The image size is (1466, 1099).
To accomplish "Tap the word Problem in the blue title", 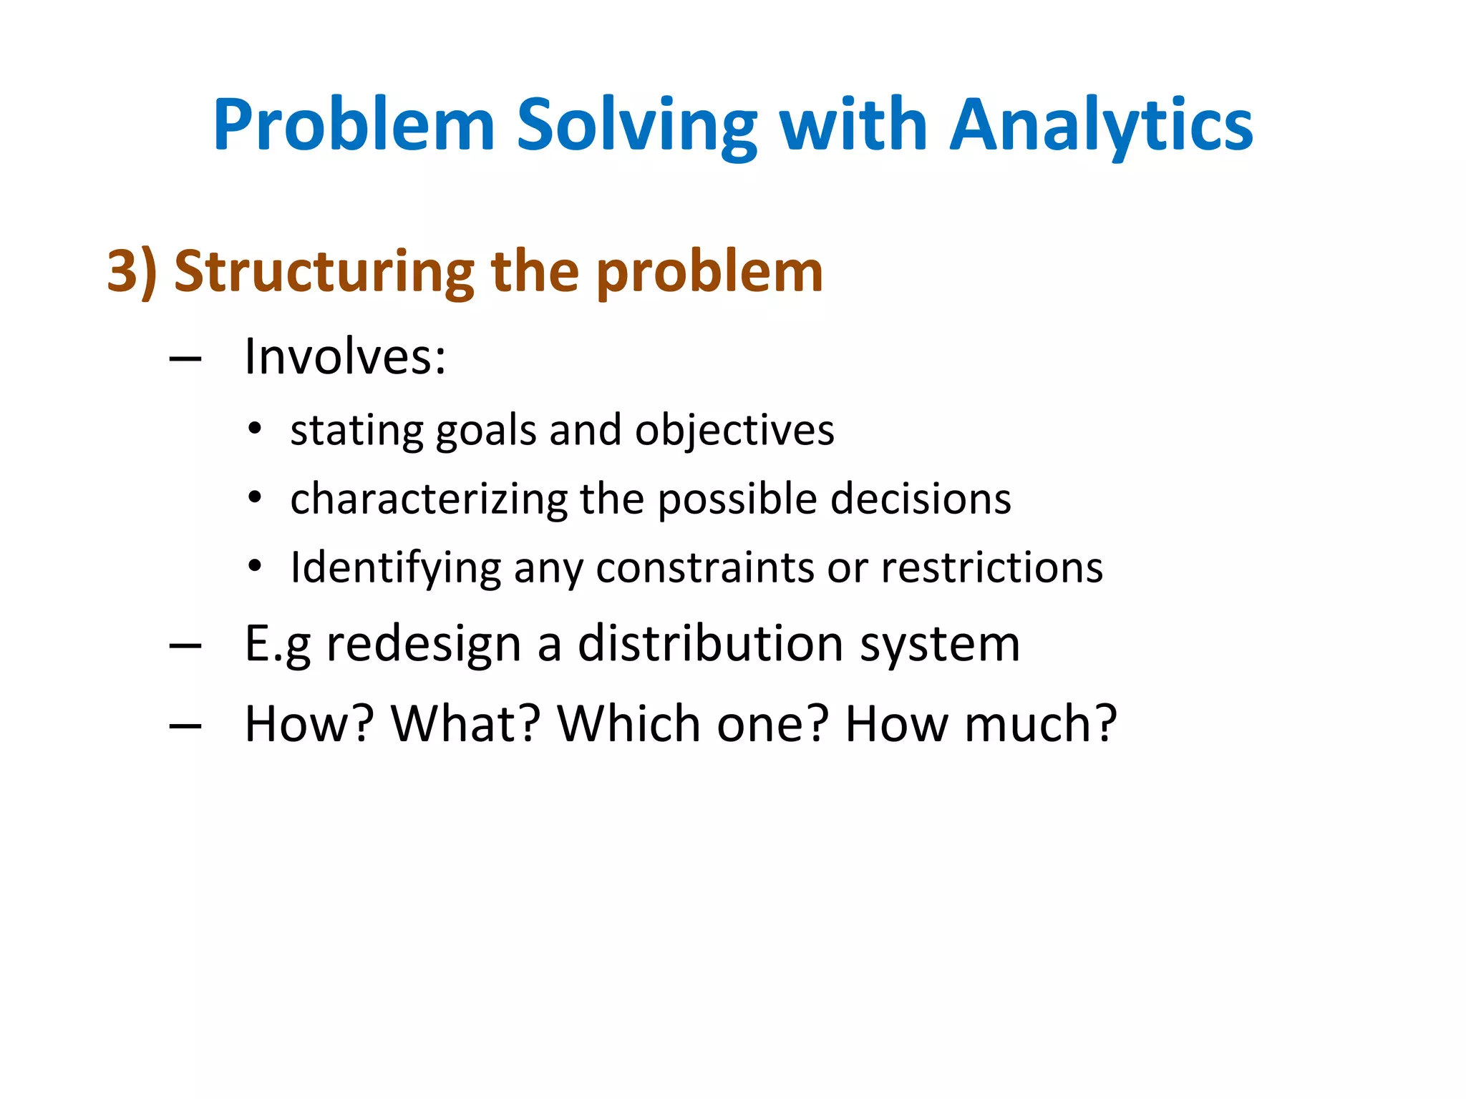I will [354, 126].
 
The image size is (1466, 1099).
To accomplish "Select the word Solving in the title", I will [636, 126].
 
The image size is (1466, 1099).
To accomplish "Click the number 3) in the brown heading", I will [132, 272].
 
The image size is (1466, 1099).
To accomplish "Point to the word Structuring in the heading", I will [324, 272].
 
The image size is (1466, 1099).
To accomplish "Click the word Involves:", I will [345, 356].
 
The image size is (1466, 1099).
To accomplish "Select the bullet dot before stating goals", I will [255, 430].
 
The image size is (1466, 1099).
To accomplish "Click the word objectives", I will [734, 431].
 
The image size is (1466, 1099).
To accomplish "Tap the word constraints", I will [705, 568].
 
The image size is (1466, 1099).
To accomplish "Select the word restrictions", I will [992, 568].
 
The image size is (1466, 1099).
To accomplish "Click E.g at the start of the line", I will [278, 644].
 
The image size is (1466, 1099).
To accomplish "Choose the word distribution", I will [712, 644].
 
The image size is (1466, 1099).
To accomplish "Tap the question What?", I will [465, 724].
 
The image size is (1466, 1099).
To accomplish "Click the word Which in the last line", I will [629, 724].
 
